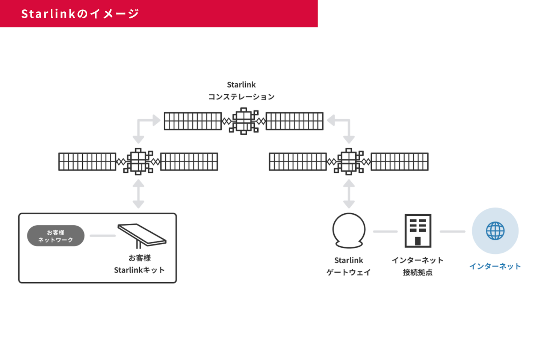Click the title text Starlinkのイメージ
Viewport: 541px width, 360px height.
(80, 14)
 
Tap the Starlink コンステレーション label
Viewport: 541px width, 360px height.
(241, 91)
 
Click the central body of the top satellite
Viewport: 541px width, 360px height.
(244, 121)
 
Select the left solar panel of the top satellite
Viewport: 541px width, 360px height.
(193, 121)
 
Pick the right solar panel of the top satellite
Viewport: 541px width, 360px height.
(295, 121)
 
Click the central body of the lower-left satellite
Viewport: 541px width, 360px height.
(138, 162)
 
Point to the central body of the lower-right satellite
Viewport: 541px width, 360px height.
(349, 162)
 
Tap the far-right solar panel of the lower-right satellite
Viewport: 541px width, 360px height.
(400, 162)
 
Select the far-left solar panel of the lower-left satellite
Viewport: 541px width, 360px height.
(87, 162)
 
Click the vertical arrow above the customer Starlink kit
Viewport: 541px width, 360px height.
(138, 194)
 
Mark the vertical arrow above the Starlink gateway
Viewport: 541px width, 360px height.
(349, 194)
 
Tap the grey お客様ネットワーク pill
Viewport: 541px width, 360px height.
(56, 236)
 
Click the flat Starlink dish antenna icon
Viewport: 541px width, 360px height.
(142, 235)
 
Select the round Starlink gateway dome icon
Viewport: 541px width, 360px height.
(349, 230)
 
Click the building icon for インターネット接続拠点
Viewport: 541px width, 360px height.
(418, 231)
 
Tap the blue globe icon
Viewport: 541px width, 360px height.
(495, 231)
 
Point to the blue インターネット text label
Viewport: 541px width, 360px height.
(495, 267)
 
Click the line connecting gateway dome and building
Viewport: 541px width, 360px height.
(385, 232)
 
